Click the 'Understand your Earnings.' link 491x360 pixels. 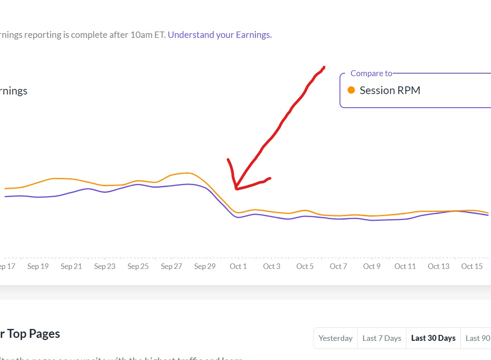coord(220,35)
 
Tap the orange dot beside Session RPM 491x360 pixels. coord(351,90)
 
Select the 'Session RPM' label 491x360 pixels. coord(390,90)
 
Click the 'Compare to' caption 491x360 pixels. coord(371,73)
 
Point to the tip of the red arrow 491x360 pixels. coord(236,189)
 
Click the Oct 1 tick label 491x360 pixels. coord(238,266)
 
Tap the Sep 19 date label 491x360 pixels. coord(38,266)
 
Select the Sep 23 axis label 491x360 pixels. coord(105,266)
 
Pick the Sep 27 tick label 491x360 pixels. coord(171,266)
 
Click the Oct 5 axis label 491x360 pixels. coord(305,266)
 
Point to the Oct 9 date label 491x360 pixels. coord(372,266)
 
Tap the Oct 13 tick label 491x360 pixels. coord(439,266)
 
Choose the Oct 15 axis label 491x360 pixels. coord(472,266)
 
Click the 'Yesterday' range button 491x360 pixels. coord(336,338)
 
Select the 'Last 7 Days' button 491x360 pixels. coord(382,338)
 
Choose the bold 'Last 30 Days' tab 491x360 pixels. coord(433,338)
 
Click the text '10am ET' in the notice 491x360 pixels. coord(148,35)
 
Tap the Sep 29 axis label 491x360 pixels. coord(205,266)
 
